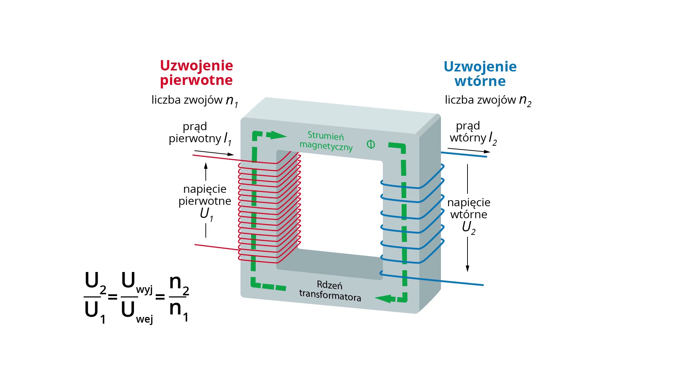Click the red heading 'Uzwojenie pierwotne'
pos(197,73)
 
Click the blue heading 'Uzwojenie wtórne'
pos(480,74)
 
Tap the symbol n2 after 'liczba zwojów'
pos(525,100)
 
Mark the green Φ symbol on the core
pos(371,144)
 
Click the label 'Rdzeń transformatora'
pos(330,291)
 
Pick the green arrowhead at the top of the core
pos(277,135)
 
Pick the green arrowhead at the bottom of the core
pos(384,299)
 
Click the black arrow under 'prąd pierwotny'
pos(214,153)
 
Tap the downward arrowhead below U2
pos(467,268)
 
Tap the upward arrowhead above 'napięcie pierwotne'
pos(206,166)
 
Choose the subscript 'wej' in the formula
pos(144,319)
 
